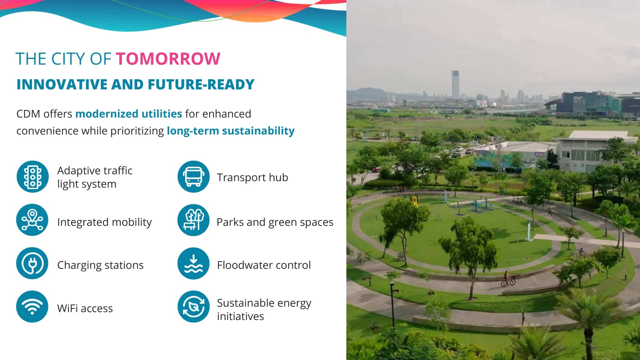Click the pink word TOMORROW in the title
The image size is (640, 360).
point(168,58)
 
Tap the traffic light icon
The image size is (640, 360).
point(32,176)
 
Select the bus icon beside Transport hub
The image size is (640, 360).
point(194,176)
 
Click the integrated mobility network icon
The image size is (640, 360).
point(32,220)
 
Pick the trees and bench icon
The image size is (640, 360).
point(194,220)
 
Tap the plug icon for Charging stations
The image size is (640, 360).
point(32,263)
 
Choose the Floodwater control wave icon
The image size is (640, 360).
point(194,263)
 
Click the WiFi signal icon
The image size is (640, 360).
point(32,306)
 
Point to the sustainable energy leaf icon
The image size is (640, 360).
point(194,306)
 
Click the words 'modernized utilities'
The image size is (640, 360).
point(128,114)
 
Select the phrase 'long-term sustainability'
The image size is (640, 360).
point(230,131)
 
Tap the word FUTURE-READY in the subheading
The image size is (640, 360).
point(201,84)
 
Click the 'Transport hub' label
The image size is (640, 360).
point(252,178)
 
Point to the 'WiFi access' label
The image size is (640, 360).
point(85,308)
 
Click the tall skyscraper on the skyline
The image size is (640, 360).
point(455,84)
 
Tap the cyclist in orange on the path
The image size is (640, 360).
point(508,278)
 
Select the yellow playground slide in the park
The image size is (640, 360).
point(414,200)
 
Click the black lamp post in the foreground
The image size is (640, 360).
point(392,304)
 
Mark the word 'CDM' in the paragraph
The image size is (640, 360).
point(28,114)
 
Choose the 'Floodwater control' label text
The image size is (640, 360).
point(264,265)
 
